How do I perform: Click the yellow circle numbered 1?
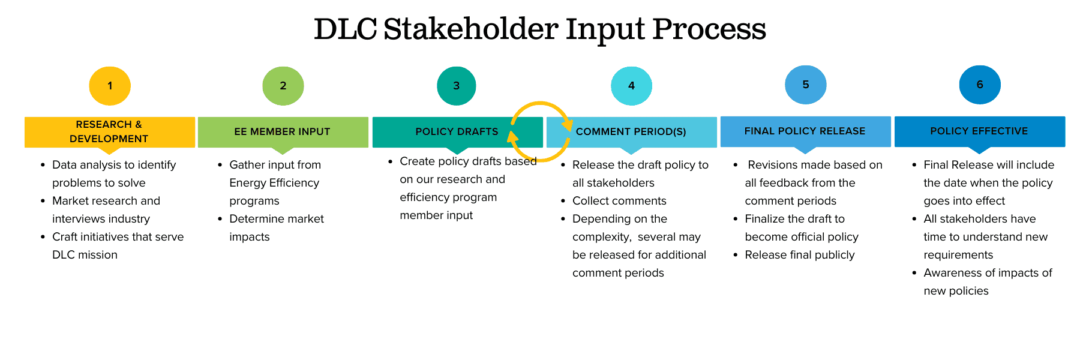110,86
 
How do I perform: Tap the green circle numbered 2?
283,86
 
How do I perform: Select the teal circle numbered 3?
457,86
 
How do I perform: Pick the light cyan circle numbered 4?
631,86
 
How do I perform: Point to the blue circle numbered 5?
806,85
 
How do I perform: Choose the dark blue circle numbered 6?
980,85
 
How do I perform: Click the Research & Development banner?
110,132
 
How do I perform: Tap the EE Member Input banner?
283,132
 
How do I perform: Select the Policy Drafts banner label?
457,131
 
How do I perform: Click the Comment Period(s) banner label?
631,131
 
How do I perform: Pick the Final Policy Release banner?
806,131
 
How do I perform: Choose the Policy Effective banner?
980,131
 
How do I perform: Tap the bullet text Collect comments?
619,201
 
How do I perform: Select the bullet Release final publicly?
800,255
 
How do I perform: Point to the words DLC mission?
85,255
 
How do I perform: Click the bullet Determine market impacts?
277,228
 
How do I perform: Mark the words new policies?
956,291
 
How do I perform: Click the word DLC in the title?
346,29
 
